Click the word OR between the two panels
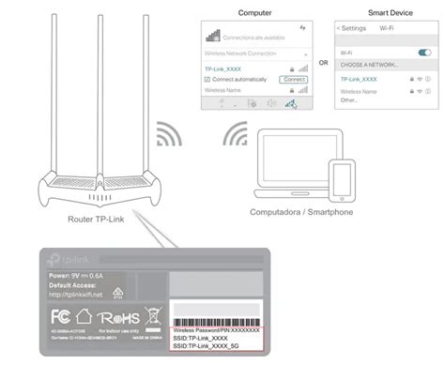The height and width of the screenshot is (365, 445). tap(324, 64)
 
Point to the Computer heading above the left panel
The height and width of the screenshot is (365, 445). tap(255, 13)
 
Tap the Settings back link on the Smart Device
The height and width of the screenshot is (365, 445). tap(352, 28)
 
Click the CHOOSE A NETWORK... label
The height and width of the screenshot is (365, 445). tap(370, 65)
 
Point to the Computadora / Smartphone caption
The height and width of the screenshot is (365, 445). tap(300, 213)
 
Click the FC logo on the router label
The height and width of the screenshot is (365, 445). tap(60, 314)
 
